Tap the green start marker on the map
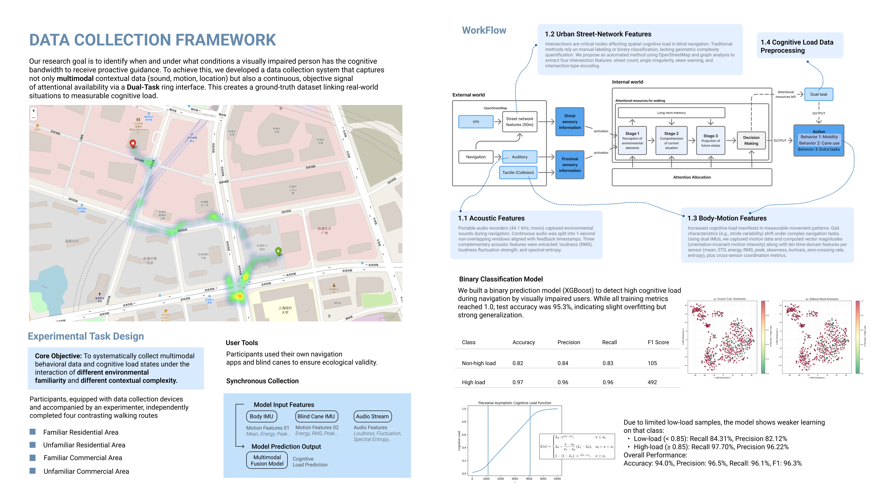click(x=278, y=251)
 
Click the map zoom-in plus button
click(x=34, y=110)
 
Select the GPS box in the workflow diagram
click(x=476, y=122)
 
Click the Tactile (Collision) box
click(x=518, y=172)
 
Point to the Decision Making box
click(x=751, y=140)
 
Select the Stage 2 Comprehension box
click(x=671, y=140)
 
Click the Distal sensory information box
click(x=570, y=122)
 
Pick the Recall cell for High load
click(x=608, y=382)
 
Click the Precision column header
click(x=569, y=342)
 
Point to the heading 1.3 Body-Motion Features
click(x=727, y=218)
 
